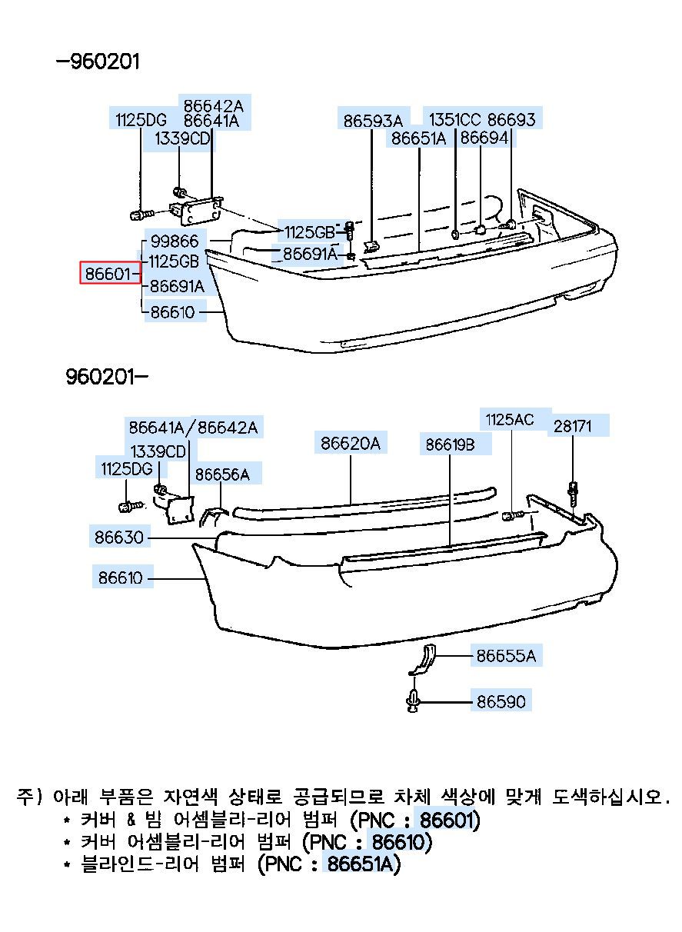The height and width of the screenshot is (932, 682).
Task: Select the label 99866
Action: coord(175,241)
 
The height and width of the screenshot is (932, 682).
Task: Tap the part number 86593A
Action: coord(372,120)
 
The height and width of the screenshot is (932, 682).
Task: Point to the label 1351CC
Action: coord(454,119)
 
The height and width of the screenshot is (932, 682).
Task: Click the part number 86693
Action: coord(511,119)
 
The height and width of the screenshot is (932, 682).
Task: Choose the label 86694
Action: coord(484,138)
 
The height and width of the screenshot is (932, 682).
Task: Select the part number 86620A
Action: coord(350,443)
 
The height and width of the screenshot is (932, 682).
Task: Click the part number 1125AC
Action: coord(509,419)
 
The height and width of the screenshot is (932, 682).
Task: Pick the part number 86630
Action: coord(120,537)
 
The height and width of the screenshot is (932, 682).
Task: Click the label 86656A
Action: coord(222,474)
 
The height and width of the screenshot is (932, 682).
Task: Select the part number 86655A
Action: coord(505,655)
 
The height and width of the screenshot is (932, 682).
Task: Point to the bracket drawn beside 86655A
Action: coord(423,660)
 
